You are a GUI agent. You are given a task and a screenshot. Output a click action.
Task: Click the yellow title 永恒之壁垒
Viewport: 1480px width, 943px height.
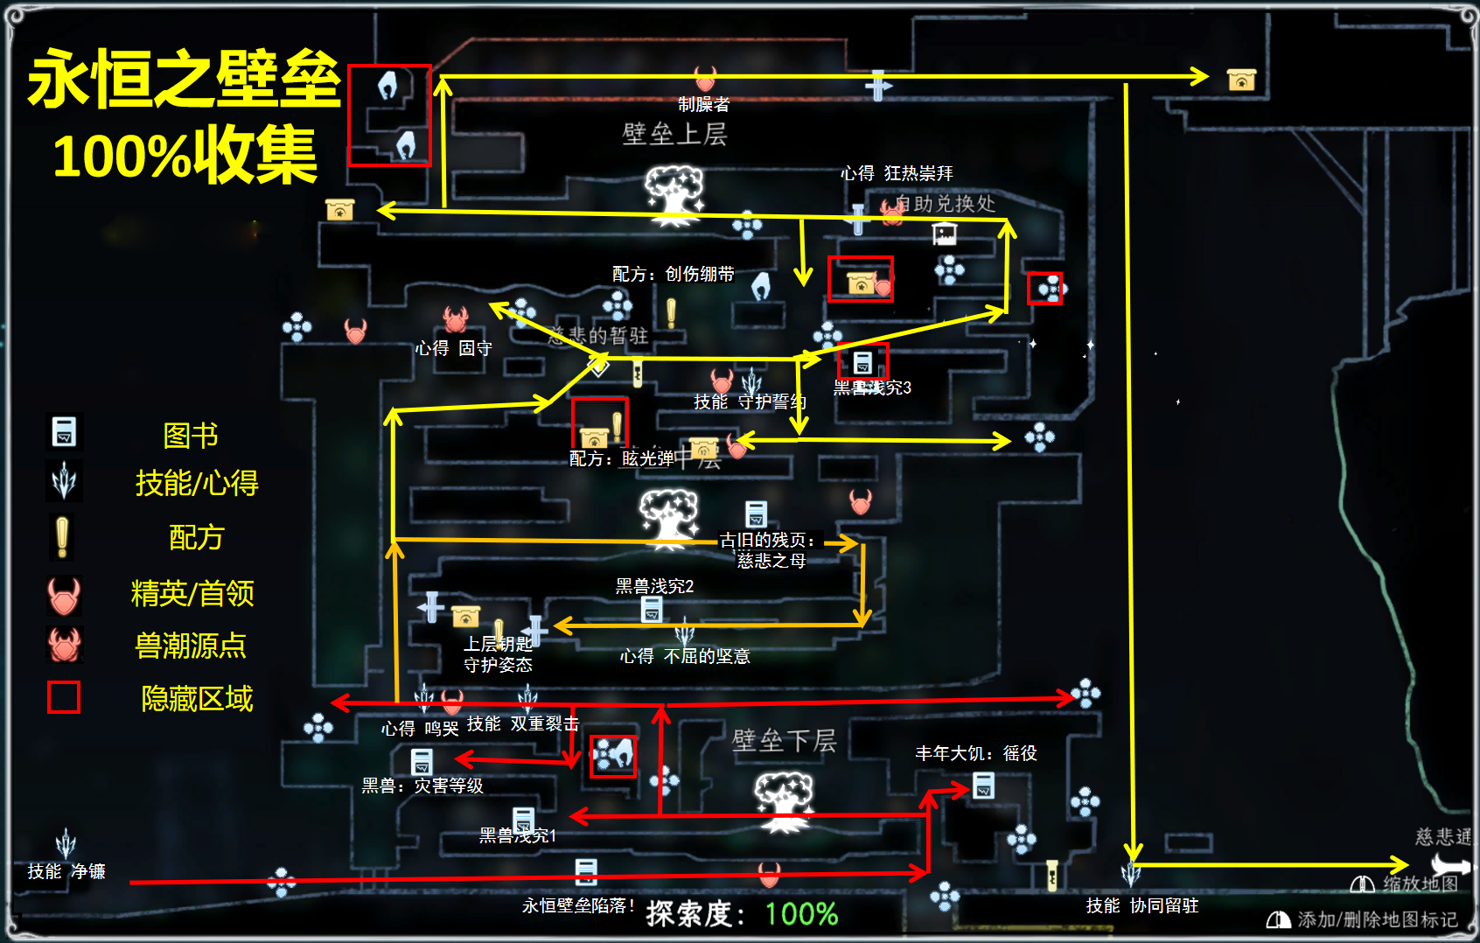(x=184, y=79)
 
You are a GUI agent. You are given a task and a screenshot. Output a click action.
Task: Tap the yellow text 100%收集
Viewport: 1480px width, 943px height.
(x=185, y=156)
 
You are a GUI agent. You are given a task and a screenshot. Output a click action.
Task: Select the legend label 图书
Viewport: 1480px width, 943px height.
(x=191, y=435)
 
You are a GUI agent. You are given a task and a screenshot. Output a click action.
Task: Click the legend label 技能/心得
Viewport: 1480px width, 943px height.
(x=197, y=482)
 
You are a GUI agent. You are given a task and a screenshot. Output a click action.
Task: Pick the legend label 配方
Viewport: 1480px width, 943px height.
(x=197, y=536)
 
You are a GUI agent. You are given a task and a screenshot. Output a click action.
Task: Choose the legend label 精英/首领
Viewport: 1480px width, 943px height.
(x=192, y=593)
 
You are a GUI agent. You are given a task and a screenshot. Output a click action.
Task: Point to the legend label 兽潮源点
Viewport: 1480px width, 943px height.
(x=191, y=646)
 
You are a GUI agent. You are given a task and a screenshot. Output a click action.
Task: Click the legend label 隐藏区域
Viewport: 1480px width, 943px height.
(x=197, y=698)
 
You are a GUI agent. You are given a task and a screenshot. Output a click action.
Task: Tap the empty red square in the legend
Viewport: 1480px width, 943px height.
(x=64, y=697)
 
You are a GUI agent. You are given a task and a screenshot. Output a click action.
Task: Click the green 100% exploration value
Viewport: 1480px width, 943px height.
(x=801, y=914)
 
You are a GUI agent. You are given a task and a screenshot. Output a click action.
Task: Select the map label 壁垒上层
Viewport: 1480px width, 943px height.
(x=674, y=134)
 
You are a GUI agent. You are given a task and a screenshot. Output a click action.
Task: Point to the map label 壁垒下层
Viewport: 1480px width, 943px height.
(x=784, y=741)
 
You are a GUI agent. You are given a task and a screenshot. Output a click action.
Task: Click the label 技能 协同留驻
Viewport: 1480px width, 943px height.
(x=1141, y=905)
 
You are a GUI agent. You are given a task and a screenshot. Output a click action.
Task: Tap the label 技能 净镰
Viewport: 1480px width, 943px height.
(x=66, y=871)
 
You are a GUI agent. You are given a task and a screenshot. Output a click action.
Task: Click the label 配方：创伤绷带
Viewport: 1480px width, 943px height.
(x=673, y=274)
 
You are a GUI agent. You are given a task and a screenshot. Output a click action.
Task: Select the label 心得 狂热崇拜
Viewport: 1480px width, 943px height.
(x=897, y=173)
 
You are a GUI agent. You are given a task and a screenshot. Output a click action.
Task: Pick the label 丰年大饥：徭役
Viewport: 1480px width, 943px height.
(x=975, y=753)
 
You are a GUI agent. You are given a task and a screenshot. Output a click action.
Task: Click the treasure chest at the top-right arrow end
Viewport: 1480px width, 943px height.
(x=1241, y=80)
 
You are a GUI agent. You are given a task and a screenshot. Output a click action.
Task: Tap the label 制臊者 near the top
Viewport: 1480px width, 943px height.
(x=703, y=104)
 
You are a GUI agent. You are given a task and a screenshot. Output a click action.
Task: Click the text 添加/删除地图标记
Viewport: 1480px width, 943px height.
(x=1377, y=919)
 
